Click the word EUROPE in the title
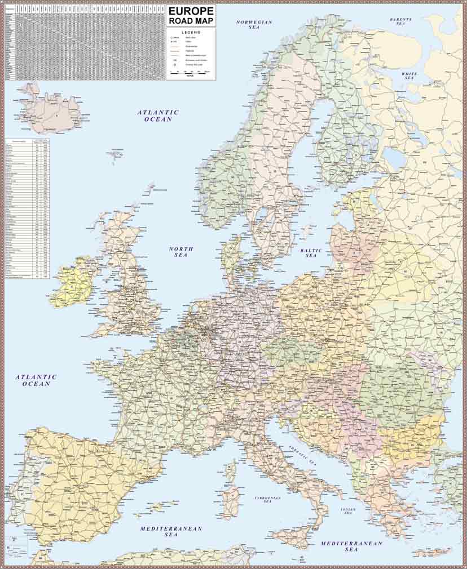(191, 11)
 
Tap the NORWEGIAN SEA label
(254, 25)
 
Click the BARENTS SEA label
(401, 21)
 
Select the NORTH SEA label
(181, 252)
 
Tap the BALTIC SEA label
(311, 253)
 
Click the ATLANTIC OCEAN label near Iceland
(158, 115)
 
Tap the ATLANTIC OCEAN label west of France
(37, 380)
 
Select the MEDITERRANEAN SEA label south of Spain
(171, 532)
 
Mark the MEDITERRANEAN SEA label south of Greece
(351, 546)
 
